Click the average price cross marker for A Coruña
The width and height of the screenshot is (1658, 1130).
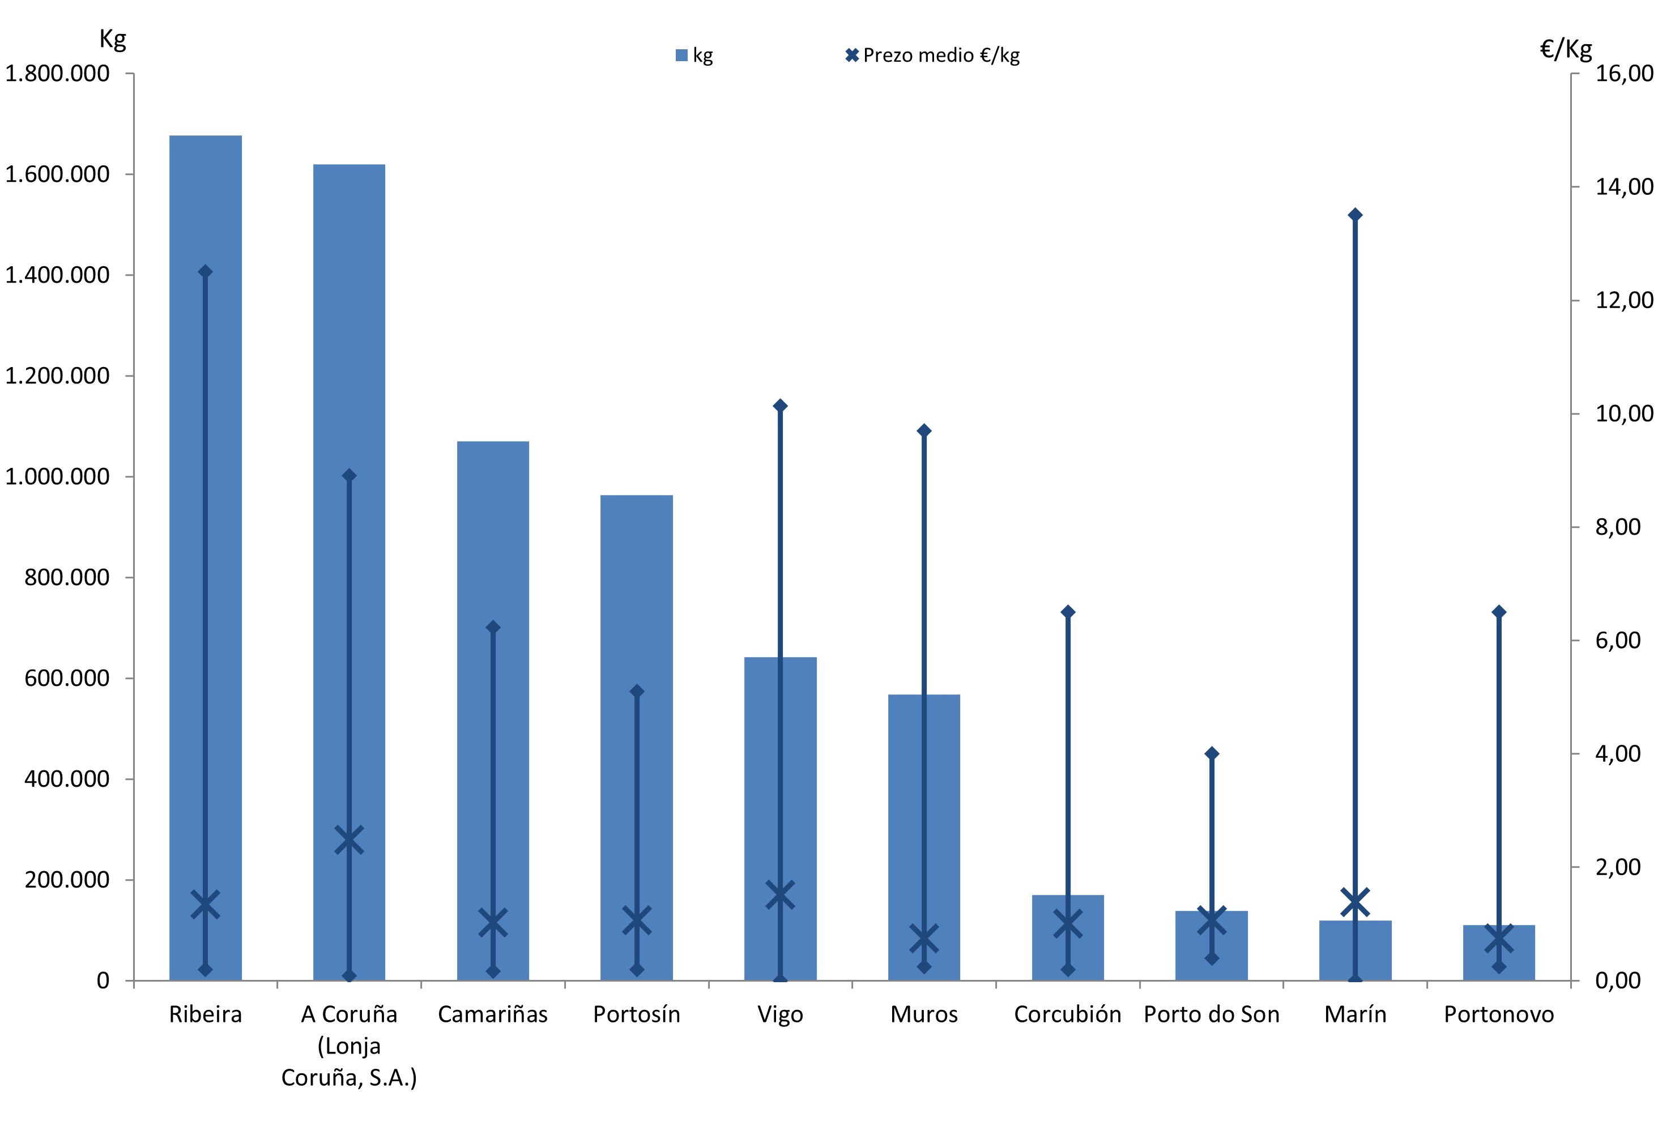(x=349, y=839)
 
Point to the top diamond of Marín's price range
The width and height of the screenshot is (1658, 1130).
(x=1355, y=215)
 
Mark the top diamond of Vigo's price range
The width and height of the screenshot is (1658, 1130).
(x=780, y=406)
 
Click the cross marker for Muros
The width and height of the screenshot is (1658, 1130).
(x=924, y=940)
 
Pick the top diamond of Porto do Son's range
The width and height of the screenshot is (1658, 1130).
(x=1212, y=753)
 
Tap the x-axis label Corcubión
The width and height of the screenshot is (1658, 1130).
(x=1067, y=1014)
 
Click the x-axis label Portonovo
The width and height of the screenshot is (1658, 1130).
(x=1499, y=1014)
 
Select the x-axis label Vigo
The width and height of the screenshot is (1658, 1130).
(x=780, y=1014)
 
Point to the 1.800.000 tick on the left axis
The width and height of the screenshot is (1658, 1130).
(x=57, y=74)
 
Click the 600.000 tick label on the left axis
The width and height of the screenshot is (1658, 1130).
(x=67, y=679)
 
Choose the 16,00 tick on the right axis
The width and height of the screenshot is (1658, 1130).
(x=1624, y=74)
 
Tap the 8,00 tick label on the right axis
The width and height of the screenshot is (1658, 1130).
(x=1618, y=527)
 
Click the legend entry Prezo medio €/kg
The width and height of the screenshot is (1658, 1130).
(x=940, y=55)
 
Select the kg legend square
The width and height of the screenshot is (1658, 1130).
(x=681, y=55)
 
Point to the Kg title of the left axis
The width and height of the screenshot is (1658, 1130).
(x=113, y=39)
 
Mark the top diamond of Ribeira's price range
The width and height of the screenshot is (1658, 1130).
(x=206, y=271)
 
